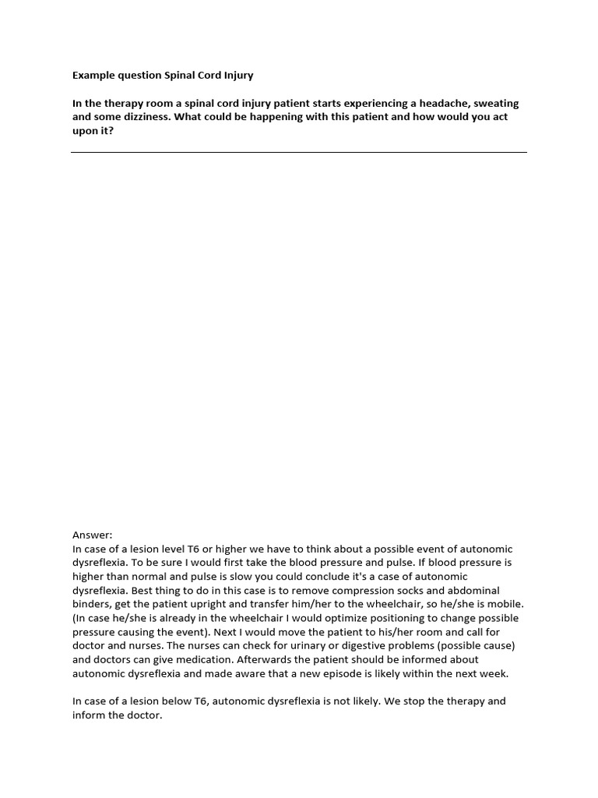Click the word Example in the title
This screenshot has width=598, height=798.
tap(93, 76)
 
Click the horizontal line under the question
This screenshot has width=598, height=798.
tap(299, 152)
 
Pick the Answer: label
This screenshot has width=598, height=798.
tap(93, 535)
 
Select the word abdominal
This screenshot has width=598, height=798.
tap(491, 590)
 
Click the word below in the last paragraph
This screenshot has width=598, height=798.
tap(171, 701)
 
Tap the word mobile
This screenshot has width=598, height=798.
tap(505, 604)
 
